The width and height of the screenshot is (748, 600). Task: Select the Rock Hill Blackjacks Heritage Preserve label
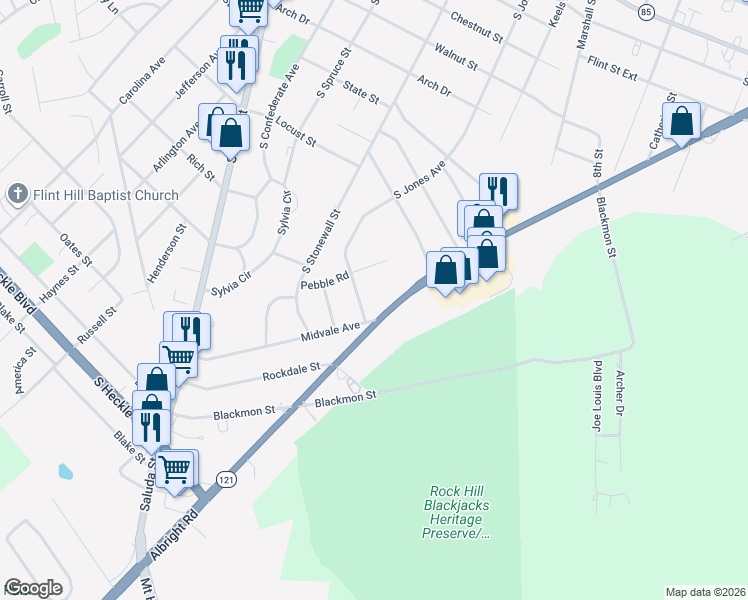click(x=459, y=512)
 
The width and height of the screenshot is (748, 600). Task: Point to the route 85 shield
click(x=646, y=11)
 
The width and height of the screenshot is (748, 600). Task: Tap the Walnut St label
click(x=456, y=56)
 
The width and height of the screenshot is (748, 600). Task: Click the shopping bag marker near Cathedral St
click(x=682, y=122)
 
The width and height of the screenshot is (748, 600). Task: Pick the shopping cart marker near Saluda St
click(x=175, y=467)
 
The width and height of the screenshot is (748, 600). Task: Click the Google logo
click(x=33, y=588)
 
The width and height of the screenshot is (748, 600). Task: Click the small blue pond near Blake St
click(x=65, y=470)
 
